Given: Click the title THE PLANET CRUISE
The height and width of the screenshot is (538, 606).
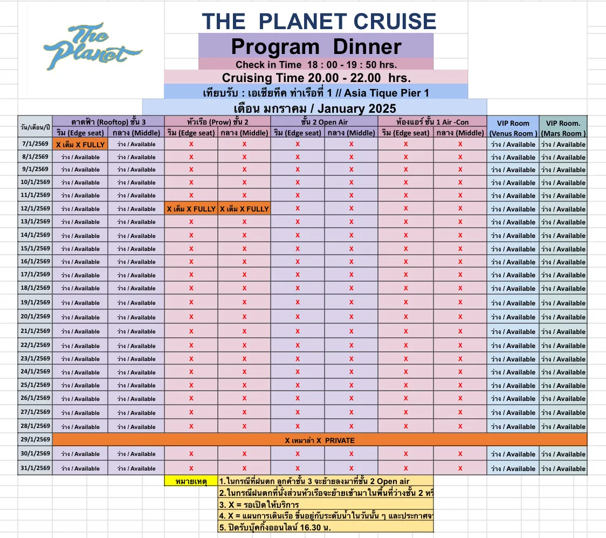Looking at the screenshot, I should point(319,22).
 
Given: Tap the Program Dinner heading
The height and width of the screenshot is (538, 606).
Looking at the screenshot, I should point(316,46).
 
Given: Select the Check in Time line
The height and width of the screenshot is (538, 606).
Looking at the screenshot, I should point(316,64).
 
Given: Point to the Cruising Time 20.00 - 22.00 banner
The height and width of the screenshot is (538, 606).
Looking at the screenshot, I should point(316,77).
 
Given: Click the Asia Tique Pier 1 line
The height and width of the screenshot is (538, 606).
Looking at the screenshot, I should point(316,92).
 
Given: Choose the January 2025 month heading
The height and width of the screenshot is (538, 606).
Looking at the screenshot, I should point(315,107).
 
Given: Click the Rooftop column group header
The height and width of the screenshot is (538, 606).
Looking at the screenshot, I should point(108,122).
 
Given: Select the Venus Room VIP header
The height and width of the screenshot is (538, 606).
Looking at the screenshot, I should point(513,128).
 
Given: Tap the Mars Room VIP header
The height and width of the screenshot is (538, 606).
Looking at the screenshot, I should point(563,128).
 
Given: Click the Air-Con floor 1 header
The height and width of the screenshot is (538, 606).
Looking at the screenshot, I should point(432,122).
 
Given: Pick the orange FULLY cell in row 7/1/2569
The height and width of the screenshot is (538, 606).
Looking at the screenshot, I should point(80,145).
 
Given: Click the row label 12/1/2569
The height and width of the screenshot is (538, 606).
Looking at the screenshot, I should point(35,209).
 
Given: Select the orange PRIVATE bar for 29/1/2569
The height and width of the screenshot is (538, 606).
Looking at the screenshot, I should point(320,440).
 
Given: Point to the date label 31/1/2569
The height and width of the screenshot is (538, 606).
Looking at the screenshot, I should point(35,468).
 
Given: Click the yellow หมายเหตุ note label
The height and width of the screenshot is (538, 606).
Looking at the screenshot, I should point(191,481).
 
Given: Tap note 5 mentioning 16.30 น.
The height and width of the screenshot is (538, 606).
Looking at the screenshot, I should point(275,527).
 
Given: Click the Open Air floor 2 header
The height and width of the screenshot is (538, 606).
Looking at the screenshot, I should point(324,122).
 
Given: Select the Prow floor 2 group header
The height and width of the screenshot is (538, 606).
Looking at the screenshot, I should point(217,122).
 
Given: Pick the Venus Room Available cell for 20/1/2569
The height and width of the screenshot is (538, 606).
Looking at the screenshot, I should point(513,317).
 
